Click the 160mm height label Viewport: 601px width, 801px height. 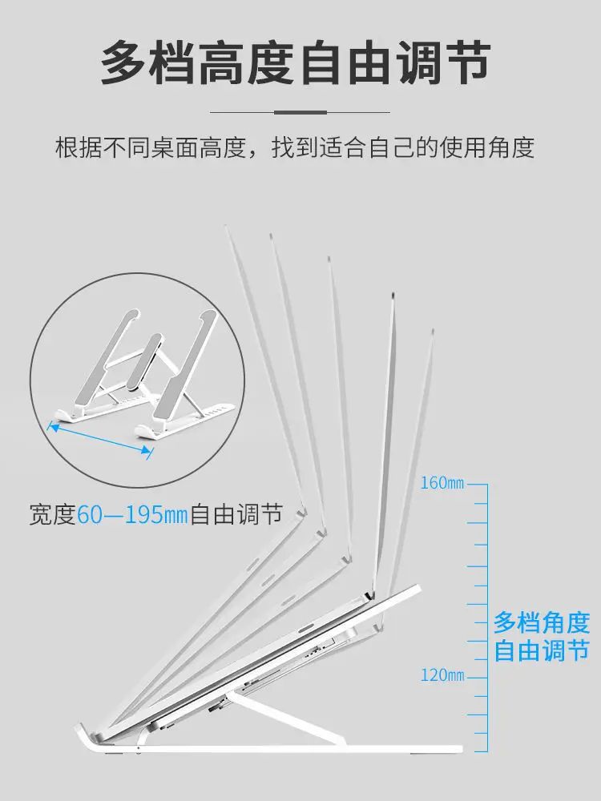click(x=442, y=484)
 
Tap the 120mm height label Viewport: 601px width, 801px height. click(x=442, y=675)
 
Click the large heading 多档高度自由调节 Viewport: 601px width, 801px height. click(x=295, y=64)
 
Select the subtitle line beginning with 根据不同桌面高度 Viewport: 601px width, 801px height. click(x=295, y=147)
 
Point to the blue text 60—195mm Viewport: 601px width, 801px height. click(x=131, y=513)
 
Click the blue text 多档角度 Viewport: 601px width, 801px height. click(x=542, y=622)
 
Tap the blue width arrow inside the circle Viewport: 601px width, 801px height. click(x=100, y=439)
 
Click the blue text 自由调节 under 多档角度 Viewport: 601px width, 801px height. click(x=542, y=650)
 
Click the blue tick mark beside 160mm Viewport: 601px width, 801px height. click(x=478, y=485)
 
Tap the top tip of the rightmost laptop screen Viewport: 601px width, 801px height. click(x=433, y=330)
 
